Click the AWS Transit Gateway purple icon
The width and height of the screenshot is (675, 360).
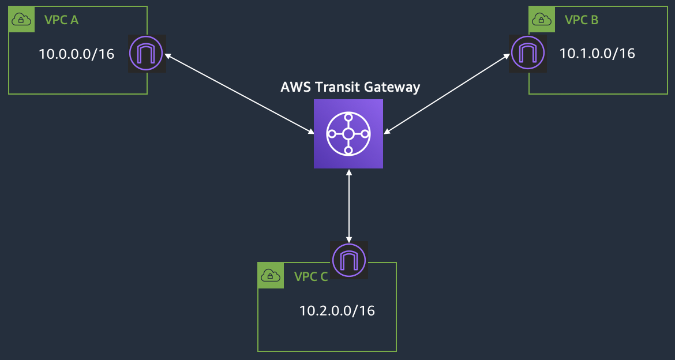pyautogui.click(x=348, y=133)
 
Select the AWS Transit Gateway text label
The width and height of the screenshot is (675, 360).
pyautogui.click(x=350, y=88)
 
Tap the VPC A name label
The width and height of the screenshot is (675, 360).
pyautogui.click(x=61, y=20)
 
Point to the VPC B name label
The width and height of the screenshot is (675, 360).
pyautogui.click(x=582, y=20)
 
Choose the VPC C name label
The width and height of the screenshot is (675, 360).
pyautogui.click(x=311, y=276)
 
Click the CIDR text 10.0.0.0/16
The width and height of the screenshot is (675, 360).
pyautogui.click(x=76, y=54)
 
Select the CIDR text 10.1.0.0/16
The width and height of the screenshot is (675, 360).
pyautogui.click(x=597, y=54)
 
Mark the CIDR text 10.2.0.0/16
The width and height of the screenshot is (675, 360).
pyautogui.click(x=337, y=310)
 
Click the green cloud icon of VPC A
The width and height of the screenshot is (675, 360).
pyautogui.click(x=21, y=20)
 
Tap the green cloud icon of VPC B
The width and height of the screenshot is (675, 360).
pyautogui.click(x=542, y=20)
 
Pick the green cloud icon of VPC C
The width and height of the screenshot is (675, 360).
pyautogui.click(x=271, y=275)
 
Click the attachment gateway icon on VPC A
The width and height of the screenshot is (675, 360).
pyautogui.click(x=147, y=54)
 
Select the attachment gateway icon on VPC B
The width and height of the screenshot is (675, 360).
pyautogui.click(x=528, y=54)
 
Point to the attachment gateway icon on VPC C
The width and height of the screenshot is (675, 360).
pyautogui.click(x=348, y=260)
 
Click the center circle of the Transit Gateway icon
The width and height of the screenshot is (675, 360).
pyautogui.click(x=348, y=133)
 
